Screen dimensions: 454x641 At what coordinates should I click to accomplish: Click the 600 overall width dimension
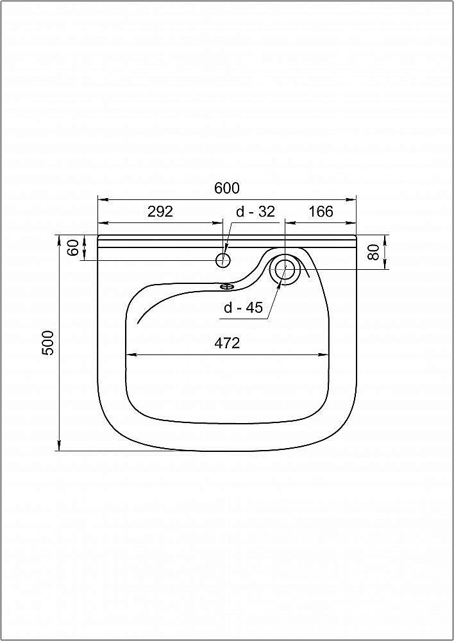(226, 188)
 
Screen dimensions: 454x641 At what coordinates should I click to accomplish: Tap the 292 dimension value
(160, 212)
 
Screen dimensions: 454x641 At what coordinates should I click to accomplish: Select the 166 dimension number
(321, 212)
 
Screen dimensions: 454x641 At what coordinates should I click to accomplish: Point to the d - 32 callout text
(256, 212)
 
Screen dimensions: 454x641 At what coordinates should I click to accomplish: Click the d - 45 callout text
(243, 308)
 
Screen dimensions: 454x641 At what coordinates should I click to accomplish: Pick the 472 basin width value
(227, 343)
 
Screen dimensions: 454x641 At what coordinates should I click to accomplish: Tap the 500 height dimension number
(48, 342)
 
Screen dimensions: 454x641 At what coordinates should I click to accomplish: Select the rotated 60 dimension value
(73, 248)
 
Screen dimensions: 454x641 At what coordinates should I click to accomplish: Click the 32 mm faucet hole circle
(223, 260)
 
